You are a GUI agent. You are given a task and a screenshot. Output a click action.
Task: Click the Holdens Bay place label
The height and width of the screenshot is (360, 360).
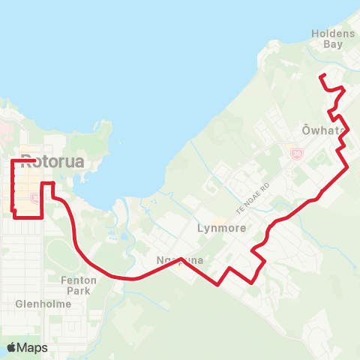(328, 38)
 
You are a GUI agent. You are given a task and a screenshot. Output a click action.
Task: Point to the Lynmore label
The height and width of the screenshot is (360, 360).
(221, 228)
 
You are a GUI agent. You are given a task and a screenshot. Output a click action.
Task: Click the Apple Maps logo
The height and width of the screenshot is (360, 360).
(28, 347)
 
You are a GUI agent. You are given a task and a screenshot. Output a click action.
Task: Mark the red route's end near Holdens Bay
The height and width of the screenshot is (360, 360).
(321, 76)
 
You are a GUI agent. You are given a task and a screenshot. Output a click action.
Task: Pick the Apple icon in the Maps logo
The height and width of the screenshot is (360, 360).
(12, 347)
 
